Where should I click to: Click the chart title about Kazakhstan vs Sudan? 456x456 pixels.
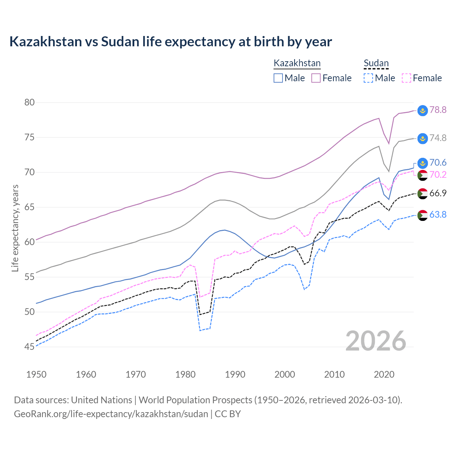[x=171, y=42]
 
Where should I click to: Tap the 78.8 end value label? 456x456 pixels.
[x=438, y=110]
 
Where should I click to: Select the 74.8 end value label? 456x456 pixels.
[x=438, y=138]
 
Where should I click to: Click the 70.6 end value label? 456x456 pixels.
[x=438, y=162]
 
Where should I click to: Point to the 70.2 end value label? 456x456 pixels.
[x=438, y=175]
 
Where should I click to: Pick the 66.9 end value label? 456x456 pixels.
[x=438, y=193]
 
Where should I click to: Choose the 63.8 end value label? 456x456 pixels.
[x=438, y=214]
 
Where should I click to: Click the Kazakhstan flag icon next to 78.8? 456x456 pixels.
[x=423, y=110]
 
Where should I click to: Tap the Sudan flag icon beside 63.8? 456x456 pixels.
[x=423, y=215]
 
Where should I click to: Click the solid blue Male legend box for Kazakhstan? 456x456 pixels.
[x=278, y=78]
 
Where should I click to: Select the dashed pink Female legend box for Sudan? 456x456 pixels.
[x=406, y=78]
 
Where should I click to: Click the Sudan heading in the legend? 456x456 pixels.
[x=376, y=63]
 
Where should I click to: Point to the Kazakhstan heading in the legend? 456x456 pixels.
[x=297, y=63]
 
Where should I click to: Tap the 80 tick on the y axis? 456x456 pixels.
[x=30, y=103]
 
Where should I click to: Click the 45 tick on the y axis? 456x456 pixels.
[x=30, y=347]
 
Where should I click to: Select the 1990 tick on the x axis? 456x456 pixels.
[x=235, y=374]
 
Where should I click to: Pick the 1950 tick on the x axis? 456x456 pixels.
[x=36, y=374]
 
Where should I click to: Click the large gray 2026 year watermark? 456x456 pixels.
[x=376, y=341]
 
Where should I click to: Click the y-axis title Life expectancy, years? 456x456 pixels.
[x=15, y=228]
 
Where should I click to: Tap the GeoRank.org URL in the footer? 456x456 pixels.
[x=111, y=414]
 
